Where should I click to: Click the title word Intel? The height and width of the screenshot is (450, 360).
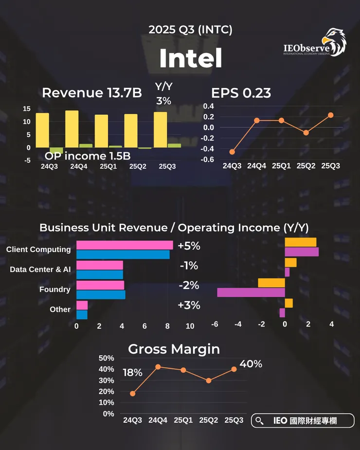pos(190,59)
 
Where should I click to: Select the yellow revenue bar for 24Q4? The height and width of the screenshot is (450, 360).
pos(72,128)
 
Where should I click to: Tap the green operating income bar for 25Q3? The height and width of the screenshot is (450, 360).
pos(174,145)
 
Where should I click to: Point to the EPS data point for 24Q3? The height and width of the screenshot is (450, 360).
pos(232,152)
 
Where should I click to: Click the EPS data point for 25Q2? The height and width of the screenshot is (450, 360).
pos(306,132)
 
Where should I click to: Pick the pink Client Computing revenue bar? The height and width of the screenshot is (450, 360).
pos(125,245)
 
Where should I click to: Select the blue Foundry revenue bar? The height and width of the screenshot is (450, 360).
pos(101,294)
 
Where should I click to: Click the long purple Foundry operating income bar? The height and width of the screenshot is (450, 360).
pos(251,292)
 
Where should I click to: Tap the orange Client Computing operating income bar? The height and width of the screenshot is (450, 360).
pos(300,242)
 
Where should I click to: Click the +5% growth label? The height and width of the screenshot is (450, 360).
pos(189,246)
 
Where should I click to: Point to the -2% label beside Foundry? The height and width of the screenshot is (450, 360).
pos(189,286)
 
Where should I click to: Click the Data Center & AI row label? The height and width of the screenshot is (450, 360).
pos(40,269)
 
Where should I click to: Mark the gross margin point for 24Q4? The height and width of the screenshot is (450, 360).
pos(158,367)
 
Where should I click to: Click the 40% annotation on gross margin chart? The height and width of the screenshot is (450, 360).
pos(251,363)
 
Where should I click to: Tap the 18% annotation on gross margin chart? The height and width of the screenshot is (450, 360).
pos(132,373)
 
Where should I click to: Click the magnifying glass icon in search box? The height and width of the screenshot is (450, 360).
pos(259,421)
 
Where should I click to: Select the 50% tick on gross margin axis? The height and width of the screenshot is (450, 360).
pos(106,358)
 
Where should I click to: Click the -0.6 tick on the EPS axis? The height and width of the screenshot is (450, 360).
pos(208,160)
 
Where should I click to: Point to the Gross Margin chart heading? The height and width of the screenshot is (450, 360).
pos(174,349)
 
